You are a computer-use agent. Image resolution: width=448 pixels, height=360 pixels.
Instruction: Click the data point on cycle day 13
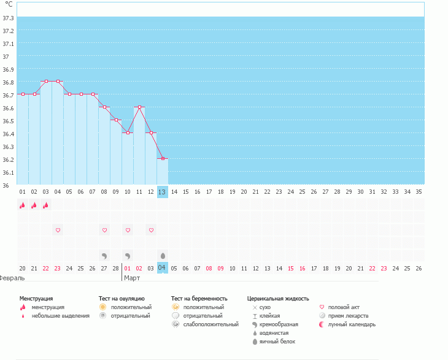[163, 158]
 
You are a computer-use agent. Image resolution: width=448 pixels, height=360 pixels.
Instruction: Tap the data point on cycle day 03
[46, 81]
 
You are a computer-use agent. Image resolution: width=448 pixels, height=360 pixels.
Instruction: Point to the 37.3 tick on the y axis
[9, 18]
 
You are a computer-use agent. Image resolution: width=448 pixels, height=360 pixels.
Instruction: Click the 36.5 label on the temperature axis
[9, 121]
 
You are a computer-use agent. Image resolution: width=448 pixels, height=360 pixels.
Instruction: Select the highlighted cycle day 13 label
[162, 192]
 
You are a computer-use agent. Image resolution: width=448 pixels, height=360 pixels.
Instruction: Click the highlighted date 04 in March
[162, 268]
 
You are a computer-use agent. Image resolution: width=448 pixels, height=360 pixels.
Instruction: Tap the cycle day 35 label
[419, 192]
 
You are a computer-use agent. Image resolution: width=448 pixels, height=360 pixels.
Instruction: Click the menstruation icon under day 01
[23, 205]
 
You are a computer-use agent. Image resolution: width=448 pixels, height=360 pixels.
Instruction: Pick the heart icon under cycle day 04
[58, 230]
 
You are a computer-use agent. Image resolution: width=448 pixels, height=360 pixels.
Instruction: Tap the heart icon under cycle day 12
[151, 230]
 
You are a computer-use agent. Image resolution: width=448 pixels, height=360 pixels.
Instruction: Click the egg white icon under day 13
[163, 255]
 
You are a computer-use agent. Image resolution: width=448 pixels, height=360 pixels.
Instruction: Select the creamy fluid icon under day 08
[104, 255]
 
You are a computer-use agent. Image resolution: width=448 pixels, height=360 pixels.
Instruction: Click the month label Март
[132, 278]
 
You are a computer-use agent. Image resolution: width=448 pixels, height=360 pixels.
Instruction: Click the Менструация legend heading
[36, 299]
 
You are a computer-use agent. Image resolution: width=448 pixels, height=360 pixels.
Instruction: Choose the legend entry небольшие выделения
[60, 316]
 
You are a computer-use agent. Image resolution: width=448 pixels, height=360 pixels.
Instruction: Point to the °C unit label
[9, 5]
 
